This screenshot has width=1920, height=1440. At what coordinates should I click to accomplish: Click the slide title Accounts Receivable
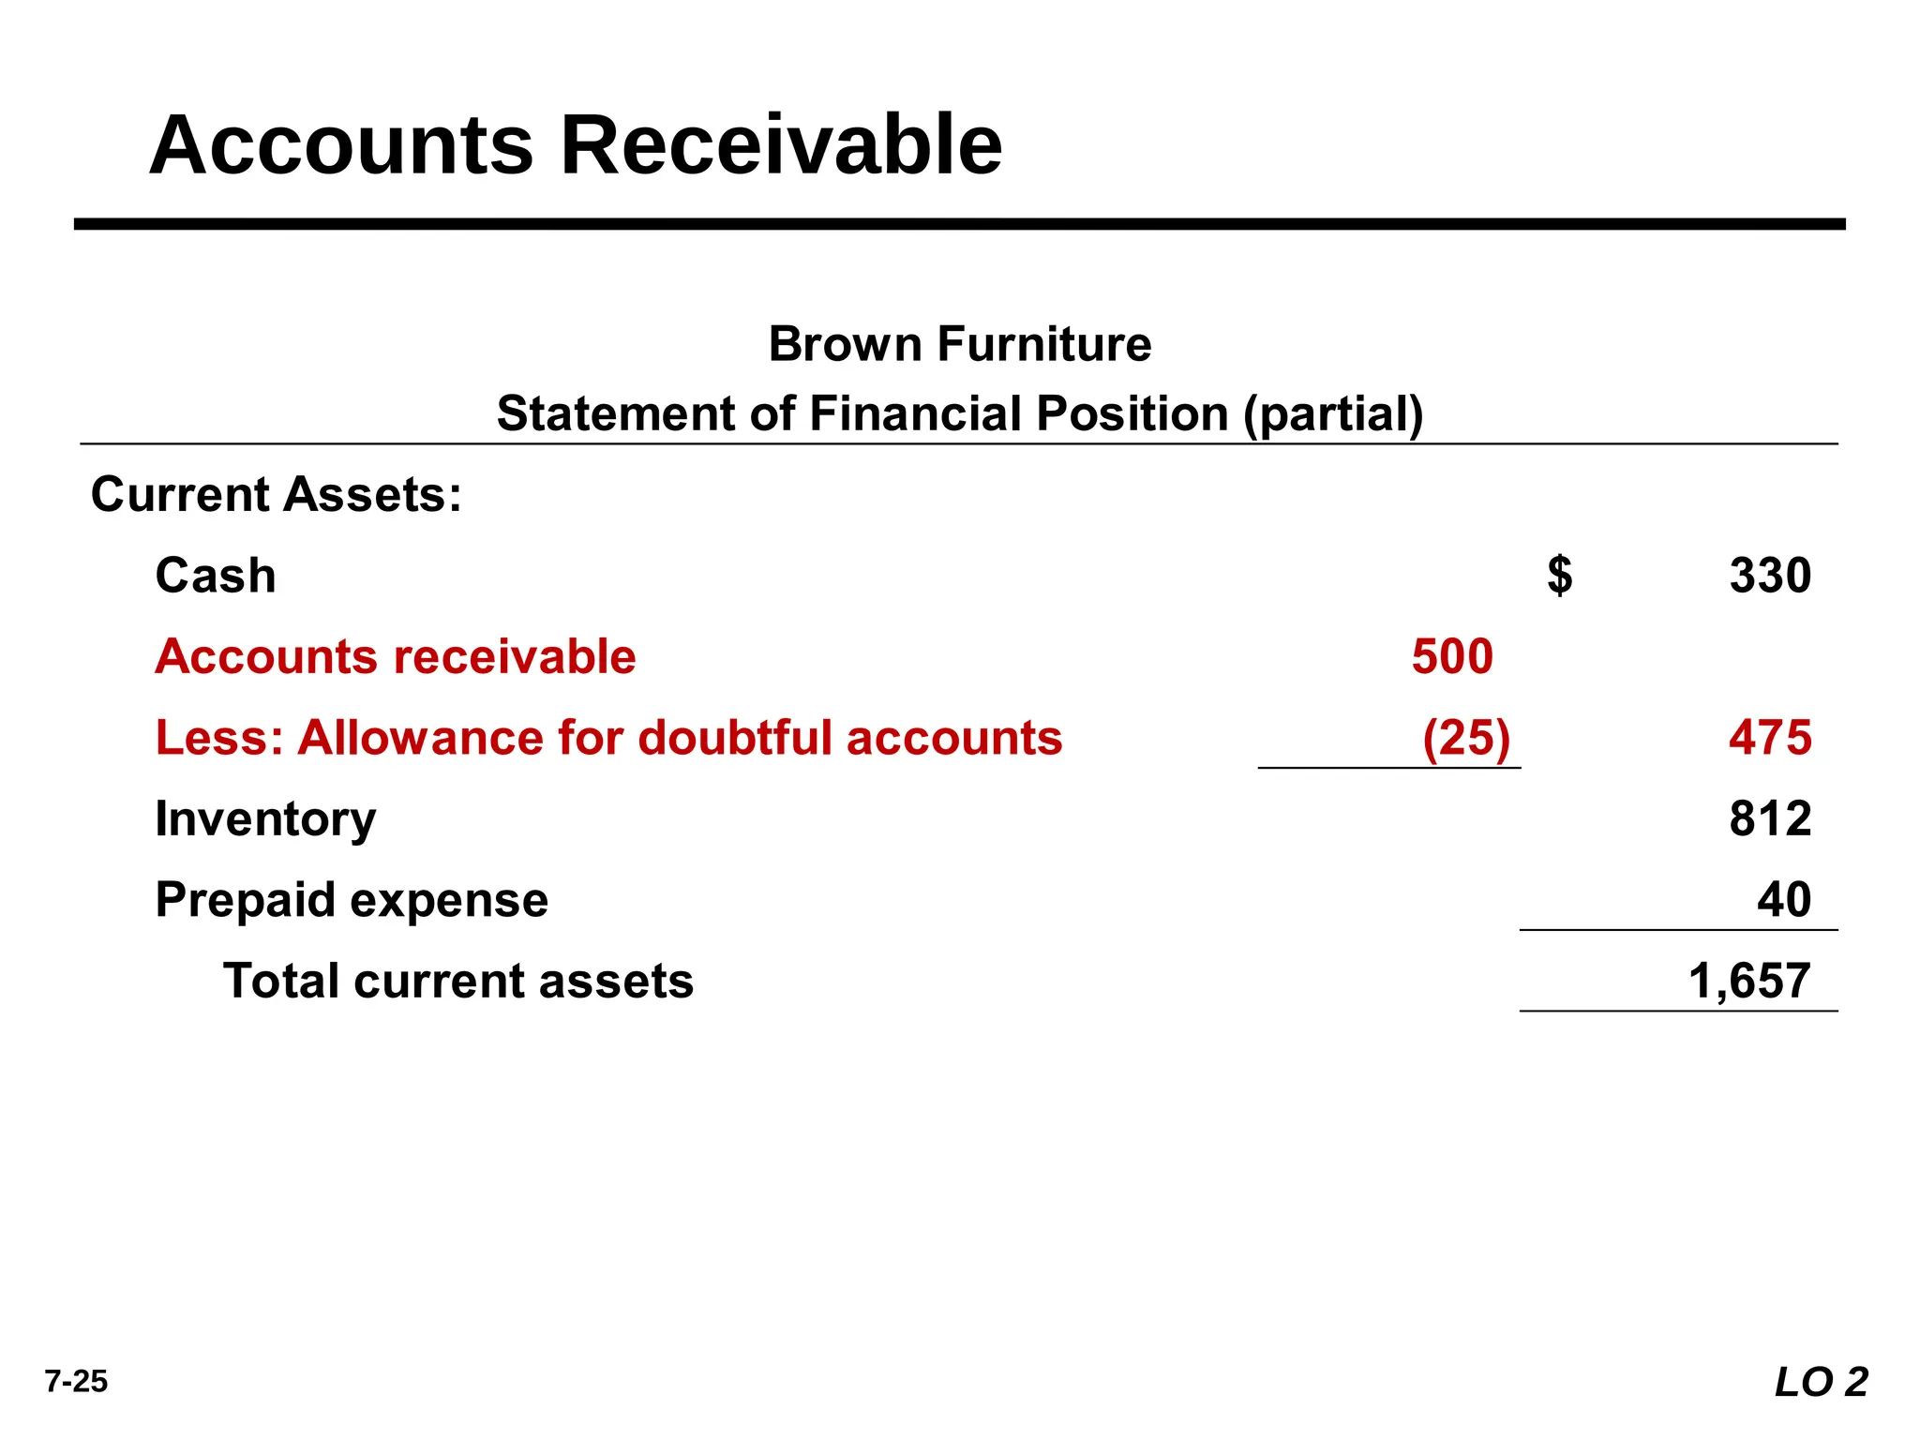click(x=576, y=145)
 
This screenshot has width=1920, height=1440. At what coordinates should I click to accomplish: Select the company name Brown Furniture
click(x=959, y=344)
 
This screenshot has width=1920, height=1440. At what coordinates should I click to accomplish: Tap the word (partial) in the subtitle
click(x=1333, y=414)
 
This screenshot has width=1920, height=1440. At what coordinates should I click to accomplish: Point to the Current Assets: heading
click(x=277, y=494)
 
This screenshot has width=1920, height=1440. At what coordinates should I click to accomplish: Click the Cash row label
click(x=216, y=576)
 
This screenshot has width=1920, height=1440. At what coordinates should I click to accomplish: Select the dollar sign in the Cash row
click(x=1559, y=576)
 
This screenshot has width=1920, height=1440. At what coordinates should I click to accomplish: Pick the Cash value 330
click(x=1770, y=576)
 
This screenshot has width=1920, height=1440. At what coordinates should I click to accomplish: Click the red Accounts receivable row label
click(x=396, y=656)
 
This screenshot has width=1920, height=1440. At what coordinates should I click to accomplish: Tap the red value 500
click(x=1452, y=656)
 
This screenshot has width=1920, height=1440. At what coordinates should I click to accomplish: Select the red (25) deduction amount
click(x=1466, y=738)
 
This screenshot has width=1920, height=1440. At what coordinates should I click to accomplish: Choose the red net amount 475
click(x=1770, y=738)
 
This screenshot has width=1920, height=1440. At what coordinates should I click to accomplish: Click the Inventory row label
click(x=265, y=819)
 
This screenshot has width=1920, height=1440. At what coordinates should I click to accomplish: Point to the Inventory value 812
click(x=1770, y=818)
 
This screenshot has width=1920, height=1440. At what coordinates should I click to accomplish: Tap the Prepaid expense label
click(x=352, y=900)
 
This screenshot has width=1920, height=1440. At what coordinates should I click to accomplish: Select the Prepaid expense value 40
click(x=1783, y=900)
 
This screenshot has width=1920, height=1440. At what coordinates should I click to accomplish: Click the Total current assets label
click(x=458, y=982)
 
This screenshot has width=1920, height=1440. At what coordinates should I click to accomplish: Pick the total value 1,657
click(x=1748, y=982)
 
